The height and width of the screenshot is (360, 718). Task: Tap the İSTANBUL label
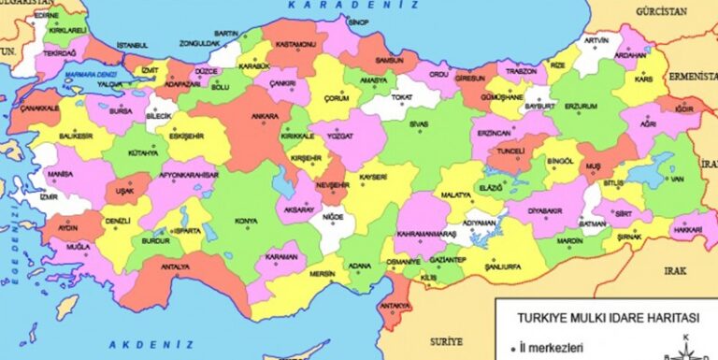point(133,46)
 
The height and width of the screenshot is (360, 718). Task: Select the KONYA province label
point(247,221)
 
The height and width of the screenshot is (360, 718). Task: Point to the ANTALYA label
point(176,268)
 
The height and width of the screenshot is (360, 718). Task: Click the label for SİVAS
point(419,122)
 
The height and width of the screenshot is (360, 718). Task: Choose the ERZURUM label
point(581,107)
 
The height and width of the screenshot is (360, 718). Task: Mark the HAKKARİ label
point(688,229)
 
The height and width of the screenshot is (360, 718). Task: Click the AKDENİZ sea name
point(145,344)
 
